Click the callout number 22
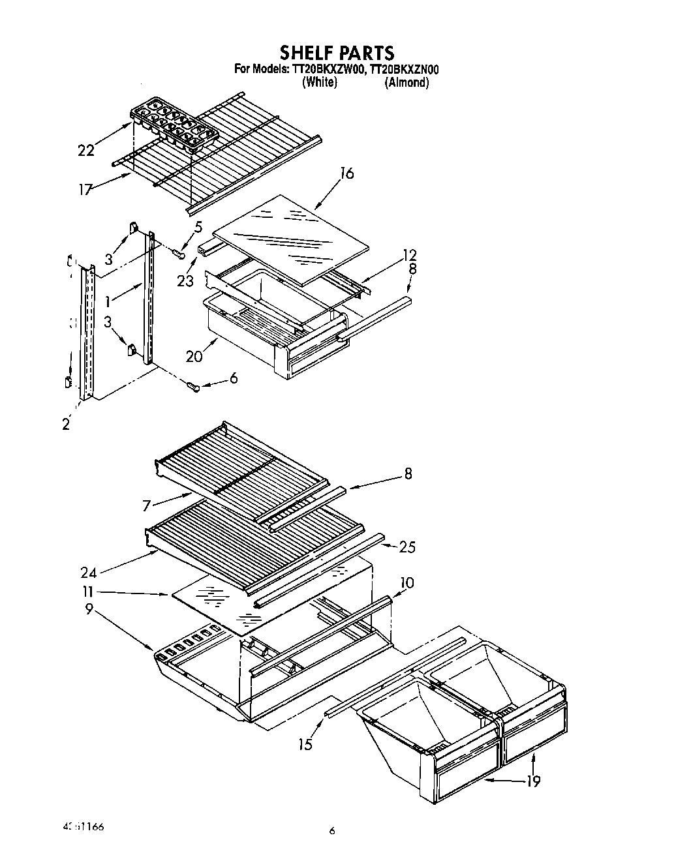pos(85,151)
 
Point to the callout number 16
pos(346,173)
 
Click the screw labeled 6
pos(193,387)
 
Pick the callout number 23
pos(185,280)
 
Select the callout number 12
pos(409,255)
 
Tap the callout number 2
pos(65,424)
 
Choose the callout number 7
pos(147,505)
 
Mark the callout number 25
pos(407,547)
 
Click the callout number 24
pos(89,573)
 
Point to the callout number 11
pos(87,592)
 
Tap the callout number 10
pos(406,582)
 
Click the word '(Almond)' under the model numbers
pos(407,82)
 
